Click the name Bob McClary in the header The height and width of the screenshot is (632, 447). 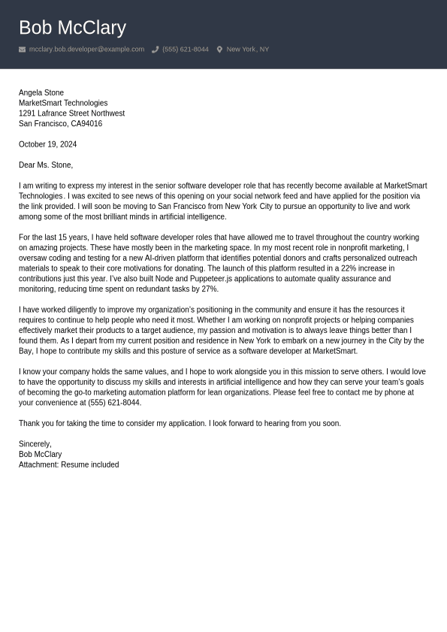72,28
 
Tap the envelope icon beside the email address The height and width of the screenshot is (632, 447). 23,50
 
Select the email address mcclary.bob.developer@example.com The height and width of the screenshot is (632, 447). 86,50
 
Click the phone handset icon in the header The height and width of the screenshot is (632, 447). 156,50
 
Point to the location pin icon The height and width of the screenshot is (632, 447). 219,50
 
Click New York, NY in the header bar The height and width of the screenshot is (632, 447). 247,50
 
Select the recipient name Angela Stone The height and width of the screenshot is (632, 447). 41,93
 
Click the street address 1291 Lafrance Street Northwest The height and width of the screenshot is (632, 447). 71,113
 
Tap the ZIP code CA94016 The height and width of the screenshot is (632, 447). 86,124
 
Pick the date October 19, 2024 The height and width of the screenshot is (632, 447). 47,144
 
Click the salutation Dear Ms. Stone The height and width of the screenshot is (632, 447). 45,165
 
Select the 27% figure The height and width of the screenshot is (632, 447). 210,289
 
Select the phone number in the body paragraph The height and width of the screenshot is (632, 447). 114,403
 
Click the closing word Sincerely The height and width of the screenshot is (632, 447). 35,444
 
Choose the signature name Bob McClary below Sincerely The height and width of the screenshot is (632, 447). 40,455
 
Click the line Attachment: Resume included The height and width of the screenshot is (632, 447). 68,465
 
